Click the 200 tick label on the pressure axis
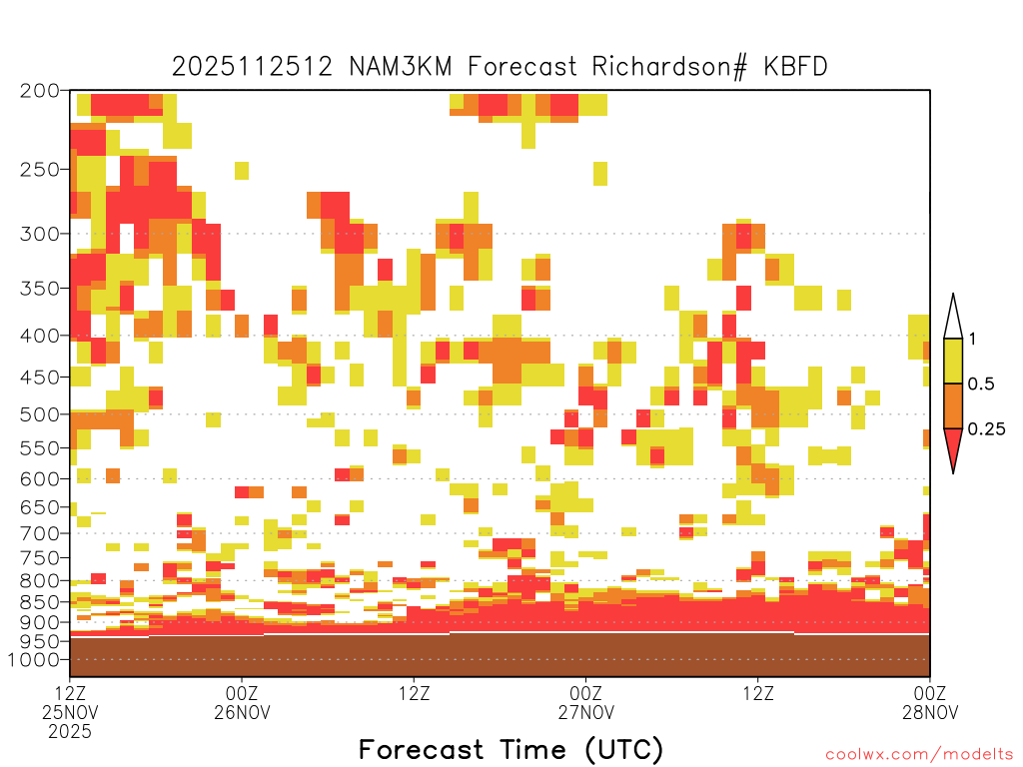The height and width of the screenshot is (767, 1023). tap(40, 91)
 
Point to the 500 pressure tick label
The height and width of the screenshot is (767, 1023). tap(40, 414)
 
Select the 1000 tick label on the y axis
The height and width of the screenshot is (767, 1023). tap(34, 660)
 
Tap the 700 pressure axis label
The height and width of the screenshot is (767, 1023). tap(40, 533)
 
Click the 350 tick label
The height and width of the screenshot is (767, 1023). tap(40, 289)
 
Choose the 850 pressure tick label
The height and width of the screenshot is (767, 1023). tap(40, 602)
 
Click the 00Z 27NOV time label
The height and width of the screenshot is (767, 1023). tap(585, 702)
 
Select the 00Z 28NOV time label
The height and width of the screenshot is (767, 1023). tap(930, 702)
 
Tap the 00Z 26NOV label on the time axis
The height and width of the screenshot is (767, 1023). tap(242, 702)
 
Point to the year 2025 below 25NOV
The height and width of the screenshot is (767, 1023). tap(70, 732)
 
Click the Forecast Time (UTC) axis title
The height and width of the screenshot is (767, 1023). tap(511, 750)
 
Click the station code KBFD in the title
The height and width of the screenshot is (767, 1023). tap(795, 67)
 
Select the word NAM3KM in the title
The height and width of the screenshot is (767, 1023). tap(401, 67)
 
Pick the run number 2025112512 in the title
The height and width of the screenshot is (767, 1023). tap(253, 67)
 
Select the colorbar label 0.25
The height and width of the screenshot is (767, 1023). tap(986, 428)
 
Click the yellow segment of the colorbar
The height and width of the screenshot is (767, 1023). tap(953, 361)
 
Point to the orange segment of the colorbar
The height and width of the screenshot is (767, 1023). tap(953, 405)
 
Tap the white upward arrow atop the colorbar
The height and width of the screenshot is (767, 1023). tap(953, 318)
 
